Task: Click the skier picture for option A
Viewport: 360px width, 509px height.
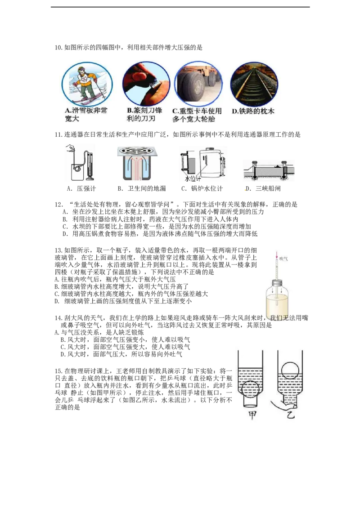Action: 87,85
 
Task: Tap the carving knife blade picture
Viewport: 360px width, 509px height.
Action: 146,83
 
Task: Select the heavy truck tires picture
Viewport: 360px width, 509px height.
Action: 198,84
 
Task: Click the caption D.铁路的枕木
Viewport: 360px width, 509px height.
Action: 253,111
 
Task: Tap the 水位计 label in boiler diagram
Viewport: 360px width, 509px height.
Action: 193,178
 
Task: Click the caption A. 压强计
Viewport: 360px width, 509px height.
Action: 81,188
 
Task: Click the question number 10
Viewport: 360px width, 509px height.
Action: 58,48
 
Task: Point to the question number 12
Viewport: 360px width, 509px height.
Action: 59,205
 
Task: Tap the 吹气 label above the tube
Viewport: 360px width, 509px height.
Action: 283,259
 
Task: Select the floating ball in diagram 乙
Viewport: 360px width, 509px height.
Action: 290,370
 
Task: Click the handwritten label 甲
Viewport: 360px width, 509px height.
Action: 252,415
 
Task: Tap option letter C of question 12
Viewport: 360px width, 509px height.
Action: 65,227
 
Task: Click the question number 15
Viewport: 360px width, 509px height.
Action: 58,371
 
